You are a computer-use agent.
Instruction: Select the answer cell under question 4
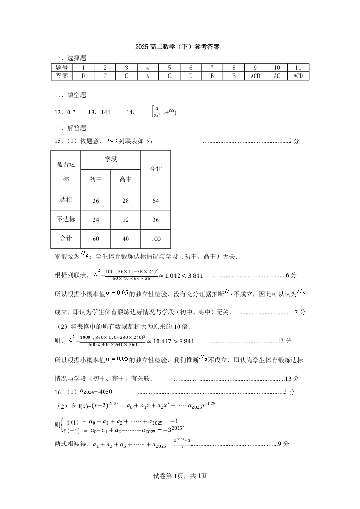148,76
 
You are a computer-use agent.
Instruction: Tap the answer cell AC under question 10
276,76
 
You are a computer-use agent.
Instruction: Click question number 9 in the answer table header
255,68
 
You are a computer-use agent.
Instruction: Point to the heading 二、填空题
70,95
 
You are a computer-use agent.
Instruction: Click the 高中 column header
126,179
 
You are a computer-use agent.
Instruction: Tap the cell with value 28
126,201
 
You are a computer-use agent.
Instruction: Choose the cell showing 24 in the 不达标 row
95,220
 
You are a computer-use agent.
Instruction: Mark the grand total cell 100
156,239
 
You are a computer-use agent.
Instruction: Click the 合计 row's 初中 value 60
95,239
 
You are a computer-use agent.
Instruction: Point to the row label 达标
66,200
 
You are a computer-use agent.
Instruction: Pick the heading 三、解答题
70,128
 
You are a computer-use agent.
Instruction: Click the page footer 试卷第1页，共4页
180,476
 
